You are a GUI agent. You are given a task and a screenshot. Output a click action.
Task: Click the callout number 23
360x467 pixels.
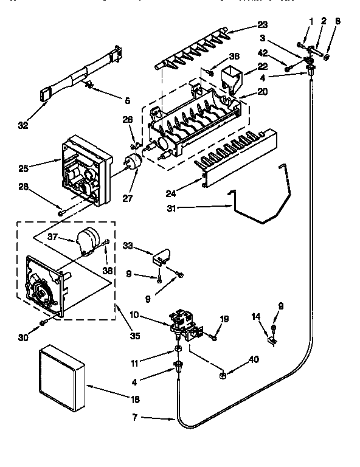(262, 25)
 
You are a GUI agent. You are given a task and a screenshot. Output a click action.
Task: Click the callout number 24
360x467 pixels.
(171, 193)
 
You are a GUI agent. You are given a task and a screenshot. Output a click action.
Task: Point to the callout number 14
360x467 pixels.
(255, 316)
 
